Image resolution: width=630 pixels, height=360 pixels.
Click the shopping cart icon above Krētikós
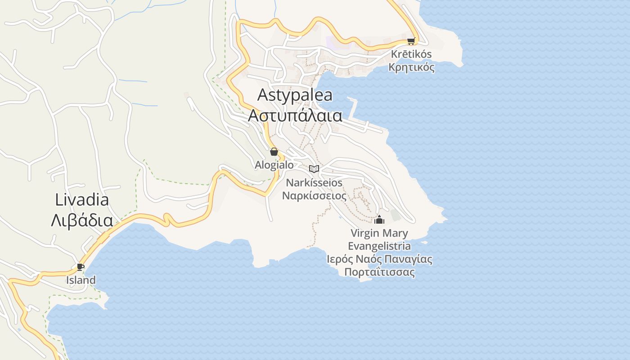pyautogui.click(x=410, y=41)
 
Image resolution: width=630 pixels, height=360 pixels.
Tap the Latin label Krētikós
pyautogui.click(x=411, y=54)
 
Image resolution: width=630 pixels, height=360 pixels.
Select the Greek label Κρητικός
pyautogui.click(x=411, y=67)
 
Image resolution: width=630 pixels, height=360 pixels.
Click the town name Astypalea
pyautogui.click(x=295, y=95)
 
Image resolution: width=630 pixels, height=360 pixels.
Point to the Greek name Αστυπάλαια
pyautogui.click(x=295, y=116)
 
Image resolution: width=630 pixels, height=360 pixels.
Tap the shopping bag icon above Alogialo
pyautogui.click(x=274, y=152)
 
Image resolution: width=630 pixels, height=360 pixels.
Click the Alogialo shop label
pyautogui.click(x=274, y=165)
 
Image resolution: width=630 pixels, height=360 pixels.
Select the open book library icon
pyautogui.click(x=314, y=169)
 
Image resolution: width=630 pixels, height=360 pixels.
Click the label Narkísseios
pyautogui.click(x=314, y=183)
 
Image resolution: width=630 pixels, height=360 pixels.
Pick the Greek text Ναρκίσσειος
pyautogui.click(x=314, y=196)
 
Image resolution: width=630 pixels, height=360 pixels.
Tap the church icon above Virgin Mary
pyautogui.click(x=379, y=220)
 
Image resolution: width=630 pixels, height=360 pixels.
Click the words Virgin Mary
pyautogui.click(x=379, y=233)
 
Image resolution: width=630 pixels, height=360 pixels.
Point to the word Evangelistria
pyautogui.click(x=379, y=246)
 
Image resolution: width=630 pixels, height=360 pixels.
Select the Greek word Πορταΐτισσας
pyautogui.click(x=379, y=272)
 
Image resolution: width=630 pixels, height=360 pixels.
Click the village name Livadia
pyautogui.click(x=82, y=199)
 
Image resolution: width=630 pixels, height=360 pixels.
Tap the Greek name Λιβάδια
pyautogui.click(x=82, y=220)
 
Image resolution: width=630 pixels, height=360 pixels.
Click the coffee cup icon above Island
pyautogui.click(x=81, y=267)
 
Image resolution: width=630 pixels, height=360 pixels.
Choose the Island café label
pyautogui.click(x=81, y=280)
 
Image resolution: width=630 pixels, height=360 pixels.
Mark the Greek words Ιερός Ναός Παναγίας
pyautogui.click(x=379, y=259)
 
